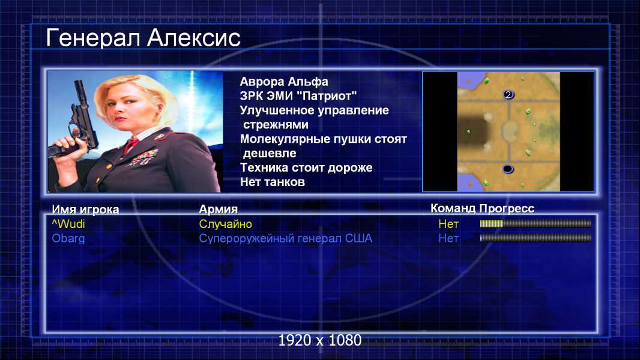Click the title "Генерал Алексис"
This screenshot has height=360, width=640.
[x=143, y=38]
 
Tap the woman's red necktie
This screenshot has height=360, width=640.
[x=131, y=144]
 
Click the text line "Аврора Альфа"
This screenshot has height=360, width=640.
[x=283, y=82]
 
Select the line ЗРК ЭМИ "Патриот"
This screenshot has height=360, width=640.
[x=298, y=96]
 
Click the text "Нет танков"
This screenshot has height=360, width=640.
[x=272, y=182]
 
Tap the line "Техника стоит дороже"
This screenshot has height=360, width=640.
[x=306, y=167]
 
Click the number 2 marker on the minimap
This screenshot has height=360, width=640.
[x=508, y=95]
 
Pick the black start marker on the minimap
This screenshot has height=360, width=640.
[x=507, y=169]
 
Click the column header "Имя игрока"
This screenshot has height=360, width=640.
[x=85, y=209]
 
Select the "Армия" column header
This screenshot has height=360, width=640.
[x=219, y=209]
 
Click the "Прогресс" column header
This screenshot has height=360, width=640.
[x=507, y=208]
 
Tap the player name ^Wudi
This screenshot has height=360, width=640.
[x=68, y=224]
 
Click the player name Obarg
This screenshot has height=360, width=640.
[x=68, y=238]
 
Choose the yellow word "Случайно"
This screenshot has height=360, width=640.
[x=225, y=224]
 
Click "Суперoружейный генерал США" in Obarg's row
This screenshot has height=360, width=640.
[x=285, y=239]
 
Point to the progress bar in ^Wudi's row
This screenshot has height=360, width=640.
[x=536, y=223]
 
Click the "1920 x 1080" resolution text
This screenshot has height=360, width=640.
[x=320, y=340]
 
